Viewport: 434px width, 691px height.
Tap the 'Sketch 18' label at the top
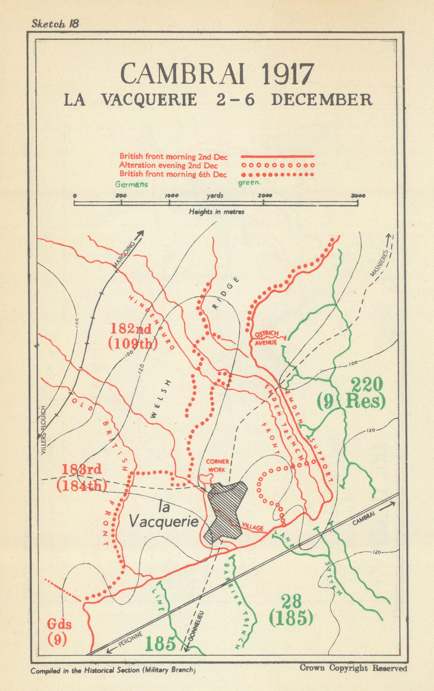[55, 24]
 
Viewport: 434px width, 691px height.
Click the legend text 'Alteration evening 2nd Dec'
[168, 165]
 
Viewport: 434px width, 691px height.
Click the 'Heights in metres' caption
[216, 212]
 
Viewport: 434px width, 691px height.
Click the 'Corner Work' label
[217, 466]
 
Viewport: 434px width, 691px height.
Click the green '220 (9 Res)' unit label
[352, 393]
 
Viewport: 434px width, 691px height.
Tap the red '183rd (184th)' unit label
[82, 477]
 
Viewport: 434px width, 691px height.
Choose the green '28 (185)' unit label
[291, 610]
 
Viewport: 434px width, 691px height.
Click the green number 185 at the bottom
[160, 644]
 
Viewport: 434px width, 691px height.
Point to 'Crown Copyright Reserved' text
[353, 668]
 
